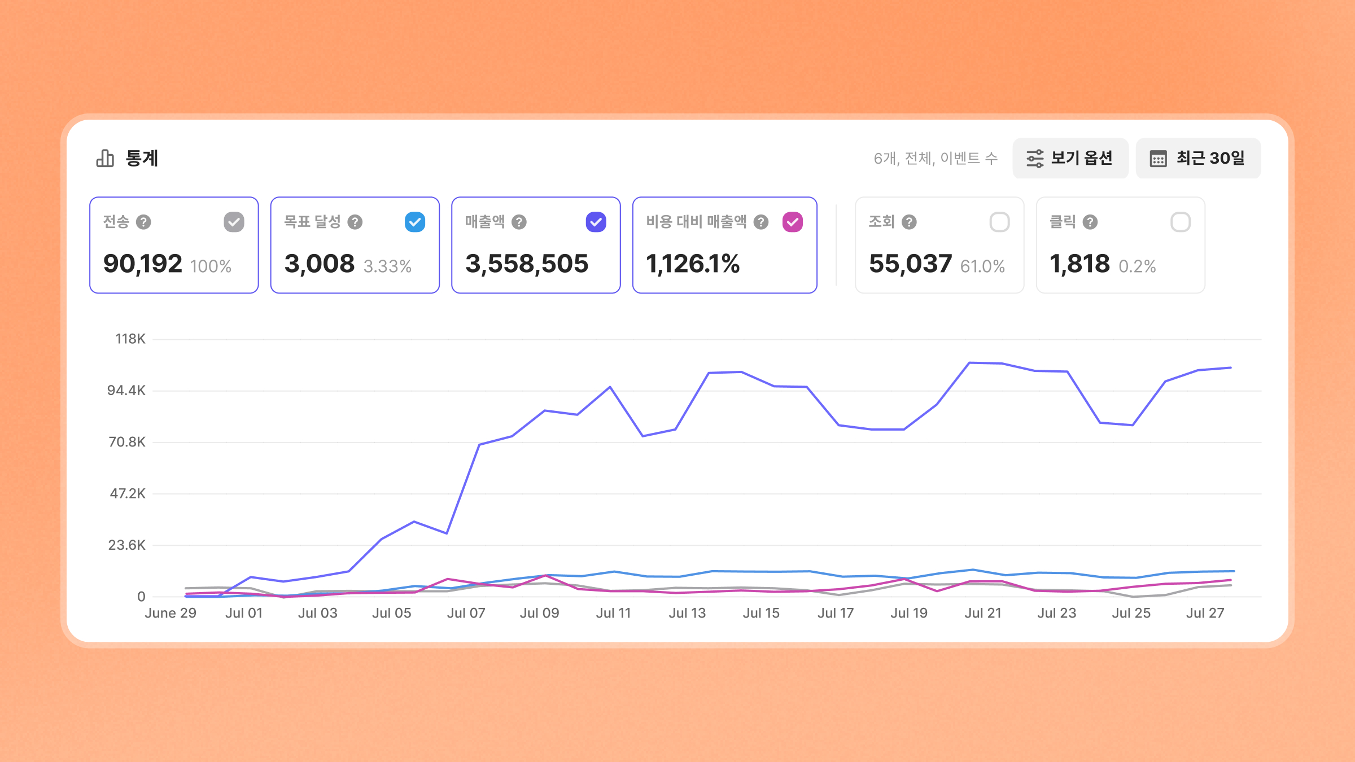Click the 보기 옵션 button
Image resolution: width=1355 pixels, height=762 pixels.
click(x=1070, y=158)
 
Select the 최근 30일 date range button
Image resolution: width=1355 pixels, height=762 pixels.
click(x=1198, y=158)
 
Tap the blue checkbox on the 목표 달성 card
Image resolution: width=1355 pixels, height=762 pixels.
click(x=415, y=222)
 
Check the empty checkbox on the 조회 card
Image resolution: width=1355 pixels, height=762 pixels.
click(x=999, y=222)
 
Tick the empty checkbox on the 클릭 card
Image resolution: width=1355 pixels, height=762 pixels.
click(x=1181, y=222)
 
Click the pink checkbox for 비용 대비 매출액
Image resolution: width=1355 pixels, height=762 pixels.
click(x=793, y=222)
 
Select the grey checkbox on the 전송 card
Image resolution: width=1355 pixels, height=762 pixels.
click(x=234, y=222)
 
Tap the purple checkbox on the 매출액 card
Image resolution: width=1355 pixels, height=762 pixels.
click(x=596, y=222)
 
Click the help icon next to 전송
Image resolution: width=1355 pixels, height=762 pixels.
click(x=143, y=222)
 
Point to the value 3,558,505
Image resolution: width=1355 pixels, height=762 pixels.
click(x=527, y=264)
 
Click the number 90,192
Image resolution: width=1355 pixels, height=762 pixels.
click(x=143, y=264)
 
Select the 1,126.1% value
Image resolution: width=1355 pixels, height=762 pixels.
click(x=693, y=264)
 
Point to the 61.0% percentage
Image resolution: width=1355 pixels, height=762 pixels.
click(x=982, y=266)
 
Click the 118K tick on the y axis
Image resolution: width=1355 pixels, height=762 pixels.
click(x=130, y=339)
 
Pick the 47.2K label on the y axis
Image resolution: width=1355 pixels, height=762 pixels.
click(x=128, y=493)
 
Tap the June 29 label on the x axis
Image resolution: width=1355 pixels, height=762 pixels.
click(x=171, y=613)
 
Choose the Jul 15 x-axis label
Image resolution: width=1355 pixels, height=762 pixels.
click(x=761, y=613)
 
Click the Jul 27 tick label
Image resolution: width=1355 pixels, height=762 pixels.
click(x=1205, y=613)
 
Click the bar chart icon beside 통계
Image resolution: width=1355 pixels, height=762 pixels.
click(x=105, y=159)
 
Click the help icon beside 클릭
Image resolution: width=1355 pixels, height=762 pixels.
click(x=1090, y=222)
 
